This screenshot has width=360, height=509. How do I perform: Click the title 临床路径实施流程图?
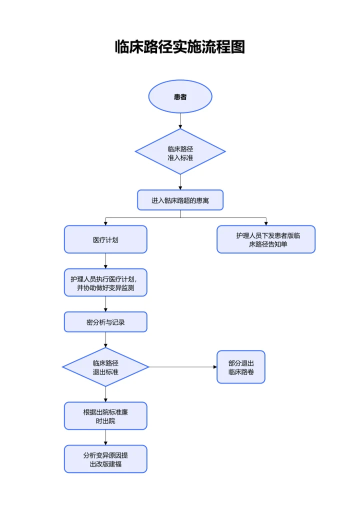point(180,47)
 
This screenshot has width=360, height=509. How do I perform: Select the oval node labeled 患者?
point(180,96)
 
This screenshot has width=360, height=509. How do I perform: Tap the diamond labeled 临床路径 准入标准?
point(180,151)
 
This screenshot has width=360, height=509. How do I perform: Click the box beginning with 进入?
point(180,200)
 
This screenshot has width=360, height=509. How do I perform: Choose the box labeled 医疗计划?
point(105,239)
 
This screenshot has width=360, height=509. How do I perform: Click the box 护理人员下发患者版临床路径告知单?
point(266,239)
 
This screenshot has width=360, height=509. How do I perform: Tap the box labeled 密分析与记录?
point(105,322)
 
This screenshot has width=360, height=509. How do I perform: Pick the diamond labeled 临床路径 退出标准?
point(105,367)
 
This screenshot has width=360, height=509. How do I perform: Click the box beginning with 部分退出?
point(241,367)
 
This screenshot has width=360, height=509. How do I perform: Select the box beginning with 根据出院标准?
point(105,415)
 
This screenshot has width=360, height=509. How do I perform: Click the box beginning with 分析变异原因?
point(105,459)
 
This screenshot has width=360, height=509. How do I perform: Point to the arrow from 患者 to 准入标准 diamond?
point(180,120)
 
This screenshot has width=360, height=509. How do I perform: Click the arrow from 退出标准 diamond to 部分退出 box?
point(182,367)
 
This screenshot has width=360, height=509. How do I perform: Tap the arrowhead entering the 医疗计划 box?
point(105,223)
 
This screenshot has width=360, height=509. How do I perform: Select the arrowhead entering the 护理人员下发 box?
point(266,223)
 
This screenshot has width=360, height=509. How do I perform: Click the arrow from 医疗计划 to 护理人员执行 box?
point(105,261)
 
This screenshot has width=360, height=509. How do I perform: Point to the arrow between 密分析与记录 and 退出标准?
point(105,340)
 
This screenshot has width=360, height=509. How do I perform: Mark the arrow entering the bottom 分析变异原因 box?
point(105,437)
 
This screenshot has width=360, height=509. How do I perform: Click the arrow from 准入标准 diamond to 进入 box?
point(180,182)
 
